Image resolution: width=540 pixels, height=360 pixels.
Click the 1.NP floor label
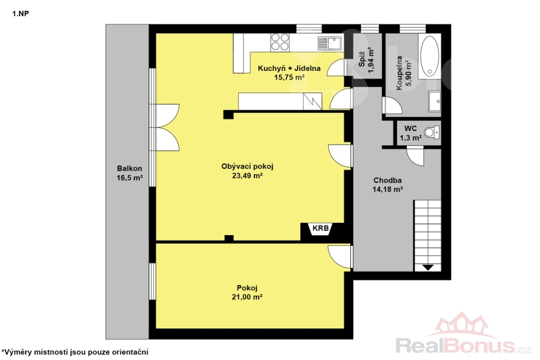tap(21, 14)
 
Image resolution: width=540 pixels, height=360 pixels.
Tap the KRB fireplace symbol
tap(321, 229)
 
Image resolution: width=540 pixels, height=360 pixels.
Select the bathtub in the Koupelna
tap(429, 56)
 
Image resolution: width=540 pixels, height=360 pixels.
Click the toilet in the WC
tap(432, 132)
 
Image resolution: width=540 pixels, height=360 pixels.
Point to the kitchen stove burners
tap(279, 42)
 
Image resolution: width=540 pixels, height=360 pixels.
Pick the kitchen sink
tap(329, 43)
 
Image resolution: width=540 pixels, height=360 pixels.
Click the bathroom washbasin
tap(435, 101)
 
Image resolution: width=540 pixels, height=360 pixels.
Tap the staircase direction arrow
tap(427, 267)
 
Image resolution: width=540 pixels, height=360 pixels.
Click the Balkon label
tap(130, 168)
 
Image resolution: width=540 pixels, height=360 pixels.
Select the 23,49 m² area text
tap(247, 176)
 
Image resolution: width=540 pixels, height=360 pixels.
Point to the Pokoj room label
tap(247, 288)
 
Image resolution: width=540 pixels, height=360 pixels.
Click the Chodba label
tap(387, 180)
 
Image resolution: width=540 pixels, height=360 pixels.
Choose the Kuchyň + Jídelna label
tap(290, 68)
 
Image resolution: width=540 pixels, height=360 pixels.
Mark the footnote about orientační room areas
tap(75, 352)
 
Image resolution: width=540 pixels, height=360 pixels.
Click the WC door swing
tap(415, 156)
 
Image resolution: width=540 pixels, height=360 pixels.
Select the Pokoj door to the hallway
tap(340, 256)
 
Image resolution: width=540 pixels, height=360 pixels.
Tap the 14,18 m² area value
tap(387, 189)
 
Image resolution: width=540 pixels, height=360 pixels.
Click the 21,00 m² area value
tap(247, 297)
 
